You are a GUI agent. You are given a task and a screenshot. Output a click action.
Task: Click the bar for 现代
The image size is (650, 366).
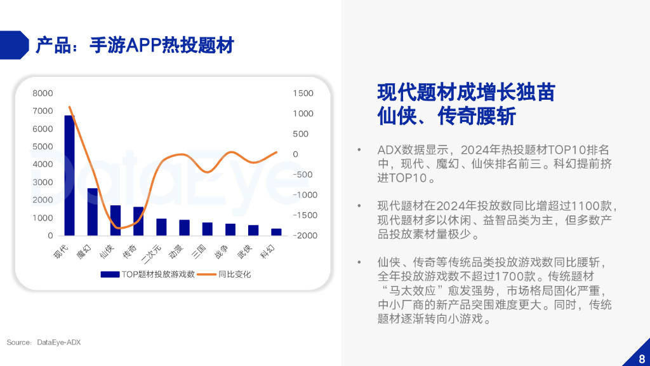pyautogui.click(x=69, y=175)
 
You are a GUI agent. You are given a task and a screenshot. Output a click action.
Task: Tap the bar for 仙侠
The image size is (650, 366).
pyautogui.click(x=116, y=220)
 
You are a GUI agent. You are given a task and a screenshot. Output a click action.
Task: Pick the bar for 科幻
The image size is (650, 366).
pyautogui.click(x=276, y=232)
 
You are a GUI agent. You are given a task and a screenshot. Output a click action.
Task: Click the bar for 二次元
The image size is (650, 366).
pyautogui.click(x=161, y=227)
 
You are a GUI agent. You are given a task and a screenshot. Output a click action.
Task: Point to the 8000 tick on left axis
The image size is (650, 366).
pyautogui.click(x=43, y=93)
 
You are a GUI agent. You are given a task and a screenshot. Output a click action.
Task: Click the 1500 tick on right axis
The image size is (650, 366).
pyautogui.click(x=303, y=93)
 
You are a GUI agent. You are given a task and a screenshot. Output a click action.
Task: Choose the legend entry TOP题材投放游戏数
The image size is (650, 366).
pyautogui.click(x=148, y=274)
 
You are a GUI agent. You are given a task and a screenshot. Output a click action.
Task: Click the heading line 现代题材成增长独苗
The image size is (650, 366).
pyautogui.click(x=466, y=92)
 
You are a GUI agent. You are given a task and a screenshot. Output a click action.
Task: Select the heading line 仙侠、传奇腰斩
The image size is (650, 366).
pyautogui.click(x=446, y=117)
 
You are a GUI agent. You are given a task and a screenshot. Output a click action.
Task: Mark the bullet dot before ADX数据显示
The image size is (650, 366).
pyautogui.click(x=359, y=150)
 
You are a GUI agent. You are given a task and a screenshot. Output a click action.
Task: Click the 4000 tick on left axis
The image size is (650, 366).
pyautogui.click(x=43, y=165)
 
